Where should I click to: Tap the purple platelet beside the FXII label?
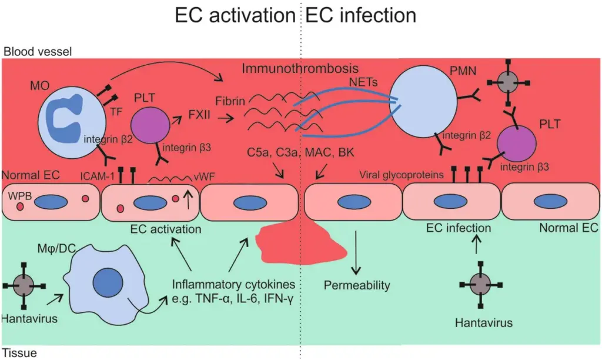pos(150,126)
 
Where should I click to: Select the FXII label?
pos(199,115)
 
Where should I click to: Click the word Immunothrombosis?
pos(300,68)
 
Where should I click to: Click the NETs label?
pos(363,82)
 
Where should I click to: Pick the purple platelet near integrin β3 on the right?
pos(516,143)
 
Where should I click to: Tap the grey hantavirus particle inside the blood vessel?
pos(508,82)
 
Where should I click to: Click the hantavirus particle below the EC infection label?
pos(481,285)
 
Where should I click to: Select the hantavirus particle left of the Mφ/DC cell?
pos(24,286)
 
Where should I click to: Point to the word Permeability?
pos(357,285)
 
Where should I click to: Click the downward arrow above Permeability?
pos(356,252)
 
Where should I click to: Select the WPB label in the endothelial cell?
pos(20,196)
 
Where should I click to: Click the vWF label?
pos(204,176)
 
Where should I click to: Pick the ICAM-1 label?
pos(97,176)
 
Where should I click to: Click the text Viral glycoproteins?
pos(401,175)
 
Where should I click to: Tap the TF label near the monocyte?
pos(116,111)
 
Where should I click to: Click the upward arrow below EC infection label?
pos(476,244)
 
